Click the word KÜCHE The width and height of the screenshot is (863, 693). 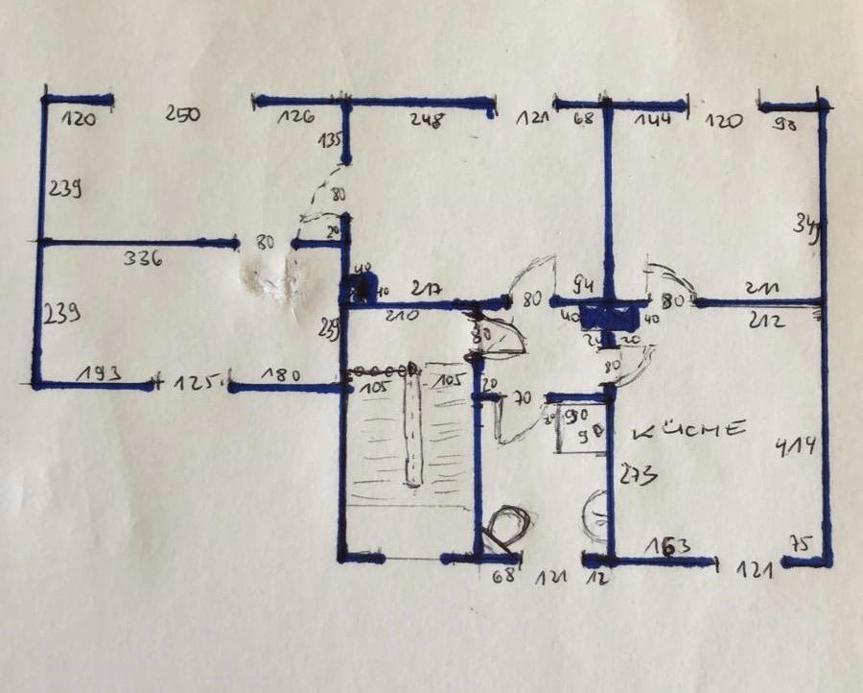click(x=689, y=429)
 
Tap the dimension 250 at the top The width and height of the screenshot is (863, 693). click(x=181, y=115)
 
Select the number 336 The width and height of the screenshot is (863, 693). click(x=143, y=257)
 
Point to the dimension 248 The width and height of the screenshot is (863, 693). click(x=427, y=120)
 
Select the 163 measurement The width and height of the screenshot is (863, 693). click(x=669, y=547)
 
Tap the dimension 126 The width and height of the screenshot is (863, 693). click(x=296, y=118)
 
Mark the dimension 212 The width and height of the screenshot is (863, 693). click(x=769, y=321)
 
